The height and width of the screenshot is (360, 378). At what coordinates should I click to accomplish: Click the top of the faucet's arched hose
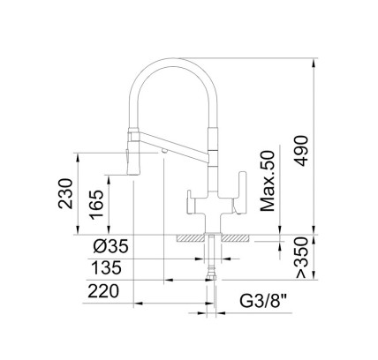(174, 60)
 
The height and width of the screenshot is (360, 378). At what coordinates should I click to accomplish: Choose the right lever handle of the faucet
(231, 202)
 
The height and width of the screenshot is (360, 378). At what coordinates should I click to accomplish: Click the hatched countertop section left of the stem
(192, 237)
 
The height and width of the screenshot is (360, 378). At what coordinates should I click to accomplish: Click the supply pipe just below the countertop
(212, 251)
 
